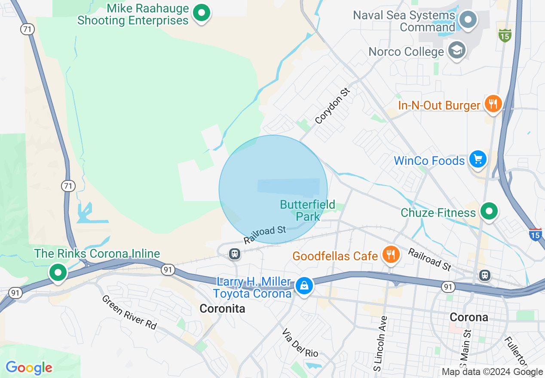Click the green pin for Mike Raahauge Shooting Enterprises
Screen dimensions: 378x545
(201, 13)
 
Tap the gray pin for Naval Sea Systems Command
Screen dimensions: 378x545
(468, 20)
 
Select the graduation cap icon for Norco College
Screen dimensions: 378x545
(457, 51)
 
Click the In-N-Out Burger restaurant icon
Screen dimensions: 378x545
(493, 104)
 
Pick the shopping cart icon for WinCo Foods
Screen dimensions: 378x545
(478, 159)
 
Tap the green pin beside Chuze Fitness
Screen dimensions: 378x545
(489, 211)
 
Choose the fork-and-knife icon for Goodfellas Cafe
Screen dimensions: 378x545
(391, 255)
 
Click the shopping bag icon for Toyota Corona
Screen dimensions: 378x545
(304, 285)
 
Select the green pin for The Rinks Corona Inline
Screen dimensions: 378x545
(58, 272)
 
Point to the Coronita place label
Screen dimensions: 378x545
(223, 308)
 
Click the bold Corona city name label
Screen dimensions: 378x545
(469, 317)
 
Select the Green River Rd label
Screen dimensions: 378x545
(129, 312)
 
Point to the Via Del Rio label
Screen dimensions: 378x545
(300, 343)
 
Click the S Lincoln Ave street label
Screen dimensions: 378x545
(381, 344)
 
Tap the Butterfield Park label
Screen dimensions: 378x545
(307, 210)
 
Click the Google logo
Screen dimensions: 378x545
(29, 368)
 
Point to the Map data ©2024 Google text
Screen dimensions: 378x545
(493, 372)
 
